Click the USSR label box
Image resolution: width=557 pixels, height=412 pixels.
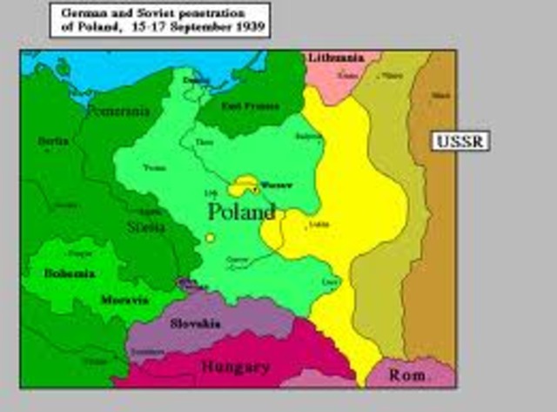click(x=460, y=140)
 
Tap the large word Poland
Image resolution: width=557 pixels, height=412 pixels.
click(x=241, y=212)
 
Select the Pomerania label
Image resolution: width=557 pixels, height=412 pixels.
click(x=118, y=111)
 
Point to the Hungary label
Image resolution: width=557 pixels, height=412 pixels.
click(x=235, y=367)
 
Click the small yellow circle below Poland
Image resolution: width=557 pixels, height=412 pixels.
click(x=210, y=237)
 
